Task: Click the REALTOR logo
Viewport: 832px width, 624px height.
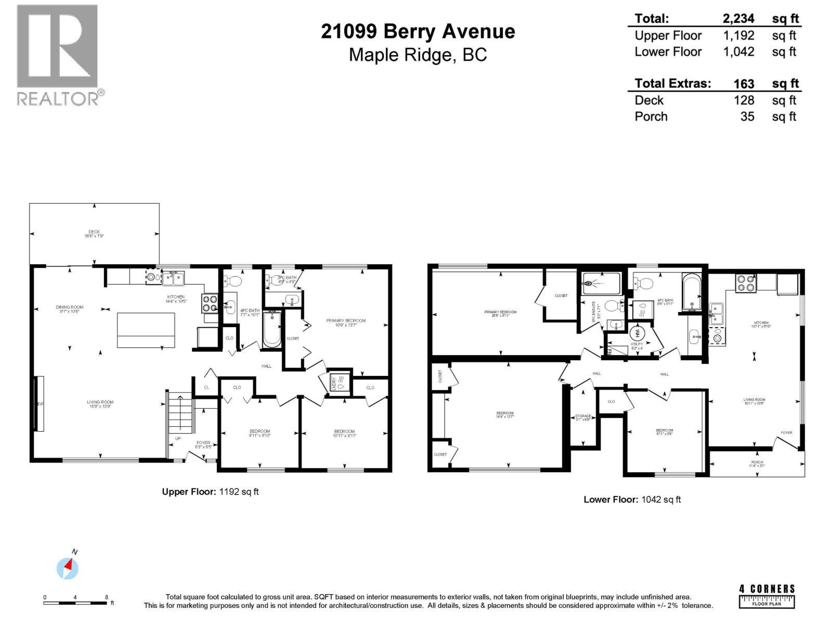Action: [x=57, y=55]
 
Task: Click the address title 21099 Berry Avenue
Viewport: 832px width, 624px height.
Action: [x=418, y=32]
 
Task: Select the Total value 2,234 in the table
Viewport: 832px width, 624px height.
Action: [x=738, y=19]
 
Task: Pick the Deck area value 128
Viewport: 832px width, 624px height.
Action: [x=744, y=100]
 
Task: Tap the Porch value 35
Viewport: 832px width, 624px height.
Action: [x=747, y=116]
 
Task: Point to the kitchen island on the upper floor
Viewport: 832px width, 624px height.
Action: [x=146, y=330]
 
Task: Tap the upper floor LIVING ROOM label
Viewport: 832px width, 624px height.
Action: [x=100, y=404]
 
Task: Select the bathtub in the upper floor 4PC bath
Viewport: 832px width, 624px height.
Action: [x=272, y=329]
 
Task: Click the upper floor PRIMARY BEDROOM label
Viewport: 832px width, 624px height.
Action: [x=346, y=322]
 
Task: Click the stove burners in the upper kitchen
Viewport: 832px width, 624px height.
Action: [x=209, y=304]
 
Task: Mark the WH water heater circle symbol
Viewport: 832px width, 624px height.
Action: [x=637, y=333]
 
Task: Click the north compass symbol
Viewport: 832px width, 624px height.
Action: [x=68, y=567]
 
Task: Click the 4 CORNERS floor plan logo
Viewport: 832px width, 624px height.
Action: [x=767, y=596]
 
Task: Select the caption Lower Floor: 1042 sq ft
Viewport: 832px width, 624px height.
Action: [x=632, y=500]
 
